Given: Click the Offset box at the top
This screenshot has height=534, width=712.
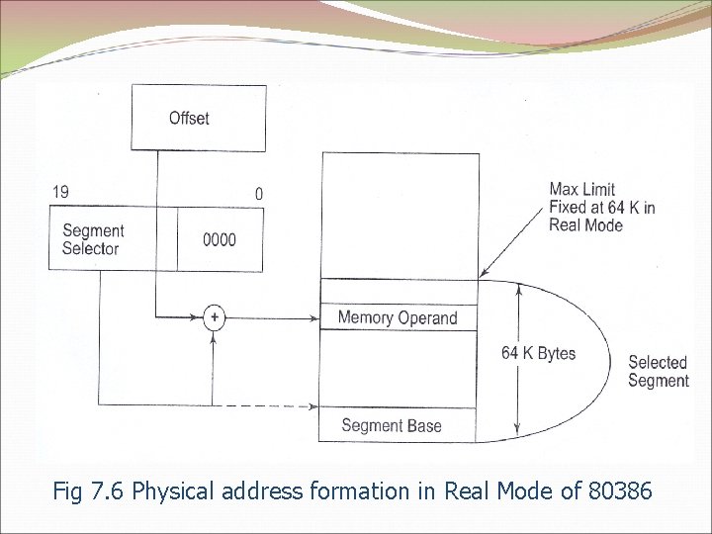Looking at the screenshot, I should tap(199, 118).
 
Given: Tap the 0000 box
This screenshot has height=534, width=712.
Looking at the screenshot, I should tap(220, 239).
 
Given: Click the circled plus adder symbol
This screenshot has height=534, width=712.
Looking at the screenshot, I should tap(214, 317).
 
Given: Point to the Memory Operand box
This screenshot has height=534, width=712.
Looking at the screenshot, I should tap(399, 317).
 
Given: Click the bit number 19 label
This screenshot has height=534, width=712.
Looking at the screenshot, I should tap(61, 191).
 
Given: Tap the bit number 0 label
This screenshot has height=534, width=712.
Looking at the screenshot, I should tap(259, 194).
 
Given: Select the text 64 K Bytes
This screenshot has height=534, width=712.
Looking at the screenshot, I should tap(539, 353).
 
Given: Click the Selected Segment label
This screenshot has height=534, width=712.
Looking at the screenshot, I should tap(659, 371).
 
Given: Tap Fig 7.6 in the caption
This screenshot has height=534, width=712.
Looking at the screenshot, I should tap(89, 489).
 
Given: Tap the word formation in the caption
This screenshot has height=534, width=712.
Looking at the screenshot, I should tap(362, 489).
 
